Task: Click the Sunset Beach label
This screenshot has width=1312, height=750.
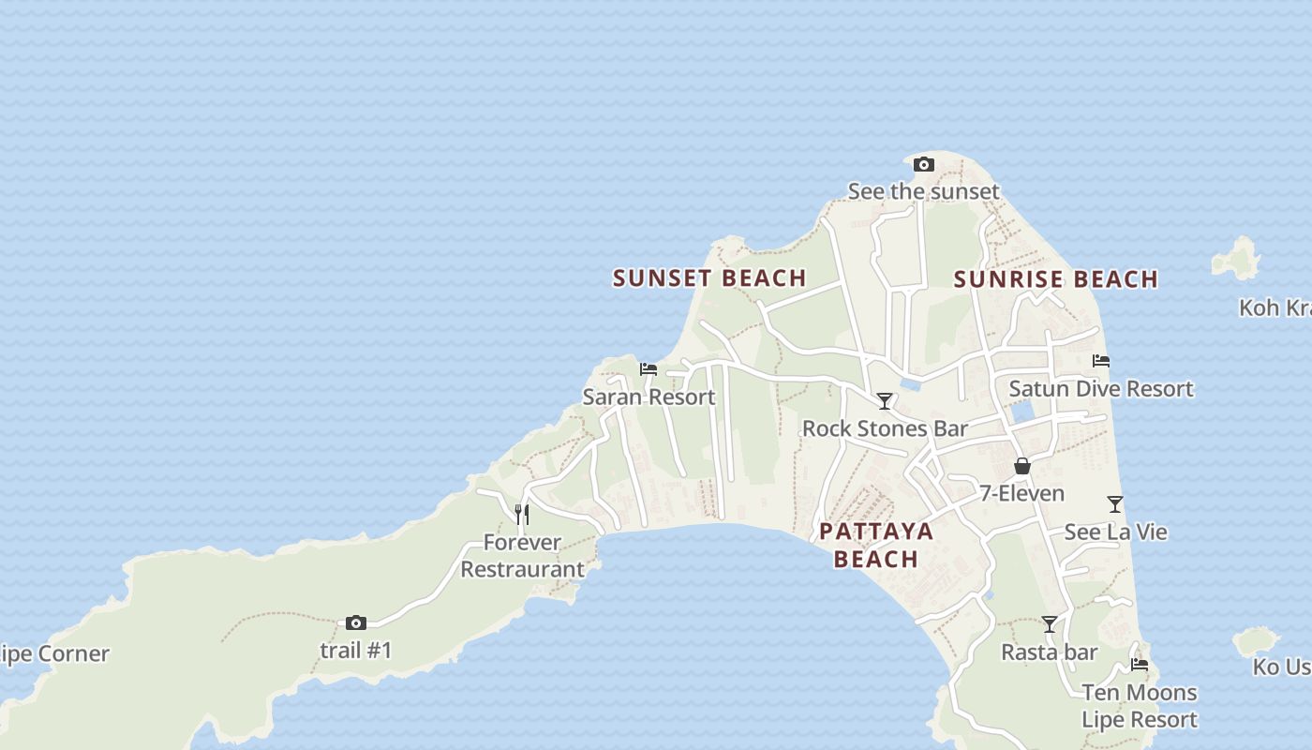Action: [x=709, y=277]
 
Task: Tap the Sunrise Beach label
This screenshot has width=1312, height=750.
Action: [x=1056, y=278]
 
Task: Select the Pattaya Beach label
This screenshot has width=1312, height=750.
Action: [x=876, y=545]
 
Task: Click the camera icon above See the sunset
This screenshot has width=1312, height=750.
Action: [x=924, y=165]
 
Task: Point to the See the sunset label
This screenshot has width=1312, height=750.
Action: [x=923, y=191]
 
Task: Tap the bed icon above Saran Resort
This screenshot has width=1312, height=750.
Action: [x=649, y=369]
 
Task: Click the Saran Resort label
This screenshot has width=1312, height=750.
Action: [x=649, y=397]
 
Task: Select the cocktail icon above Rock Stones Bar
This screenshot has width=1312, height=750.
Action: [x=885, y=401]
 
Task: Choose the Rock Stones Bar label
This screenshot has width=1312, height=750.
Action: [x=885, y=428]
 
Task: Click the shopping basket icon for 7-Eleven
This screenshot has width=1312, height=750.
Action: [x=1022, y=466]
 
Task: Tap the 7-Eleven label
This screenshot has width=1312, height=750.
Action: [x=1021, y=493]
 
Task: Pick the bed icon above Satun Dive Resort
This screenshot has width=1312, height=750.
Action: [x=1101, y=361]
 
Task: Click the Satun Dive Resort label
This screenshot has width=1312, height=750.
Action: [x=1101, y=388]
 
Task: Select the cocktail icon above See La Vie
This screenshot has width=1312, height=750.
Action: [x=1115, y=504]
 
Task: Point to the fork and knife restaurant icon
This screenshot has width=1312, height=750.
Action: [x=522, y=514]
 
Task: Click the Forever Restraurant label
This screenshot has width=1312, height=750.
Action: [x=522, y=555]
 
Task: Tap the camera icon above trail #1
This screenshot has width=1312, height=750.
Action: [x=356, y=622]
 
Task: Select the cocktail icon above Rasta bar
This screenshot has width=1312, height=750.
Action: [x=1050, y=624]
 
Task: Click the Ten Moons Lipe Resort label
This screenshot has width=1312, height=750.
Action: [x=1140, y=706]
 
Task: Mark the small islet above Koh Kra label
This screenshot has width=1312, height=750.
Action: [x=1237, y=258]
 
